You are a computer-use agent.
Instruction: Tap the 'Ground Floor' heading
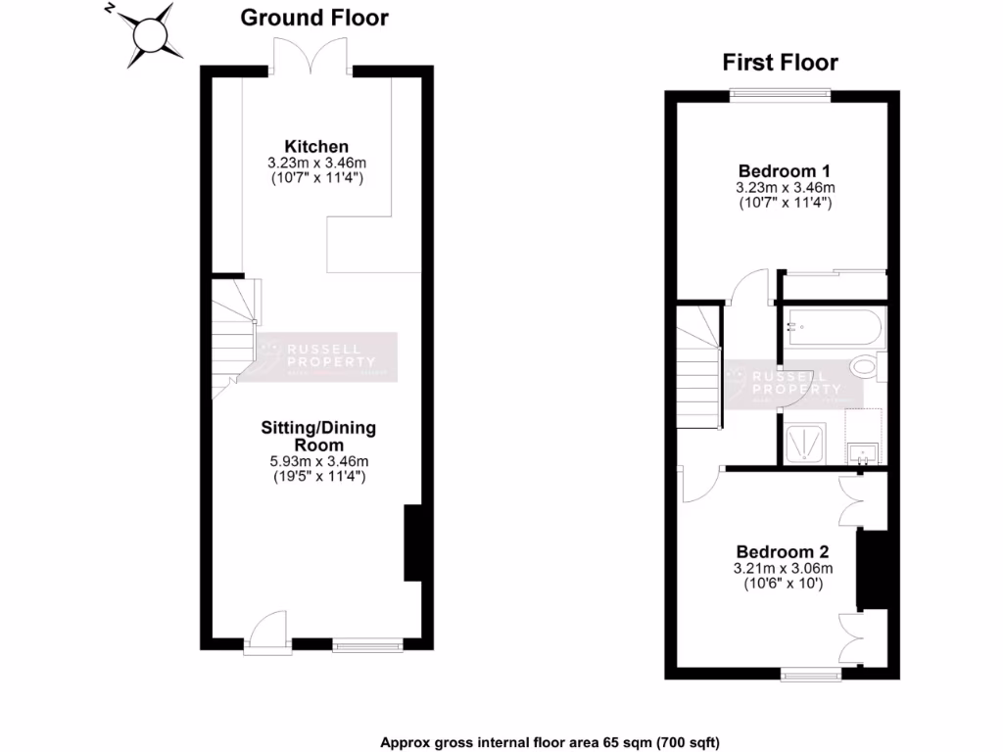(x=313, y=18)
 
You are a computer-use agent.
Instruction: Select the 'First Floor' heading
(x=780, y=64)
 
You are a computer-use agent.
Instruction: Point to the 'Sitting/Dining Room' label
(x=317, y=437)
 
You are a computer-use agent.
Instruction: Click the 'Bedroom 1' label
(x=785, y=169)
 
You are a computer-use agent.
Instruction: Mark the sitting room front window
(x=366, y=645)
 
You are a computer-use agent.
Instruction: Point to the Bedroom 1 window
(x=781, y=95)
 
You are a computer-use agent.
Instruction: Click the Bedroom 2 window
(x=810, y=674)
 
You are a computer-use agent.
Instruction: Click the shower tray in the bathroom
(x=808, y=443)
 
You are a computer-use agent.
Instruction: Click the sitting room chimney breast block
(x=413, y=544)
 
